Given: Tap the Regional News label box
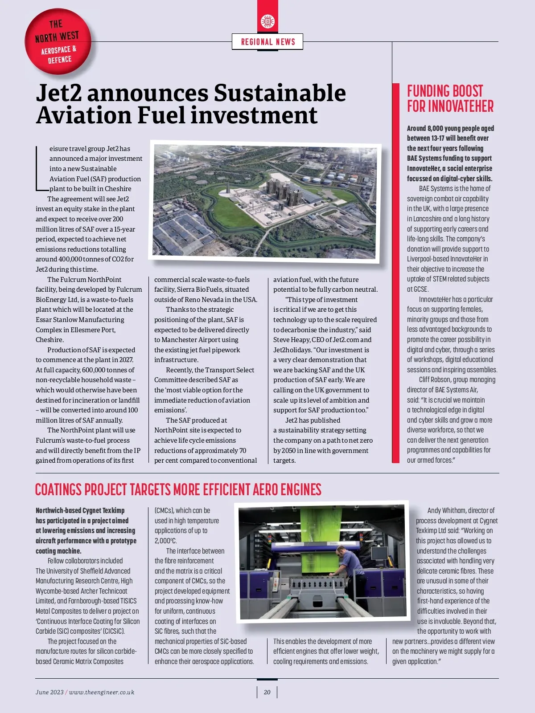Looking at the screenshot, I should tap(267, 42).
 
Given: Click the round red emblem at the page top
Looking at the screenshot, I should tap(267, 21).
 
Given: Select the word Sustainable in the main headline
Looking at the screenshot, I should tap(280, 93).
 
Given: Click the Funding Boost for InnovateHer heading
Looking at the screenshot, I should tap(450, 98).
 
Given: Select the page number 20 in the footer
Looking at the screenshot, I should tap(267, 692).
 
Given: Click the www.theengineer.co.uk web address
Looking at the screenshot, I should tap(102, 692).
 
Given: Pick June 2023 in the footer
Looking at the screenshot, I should tap(49, 692).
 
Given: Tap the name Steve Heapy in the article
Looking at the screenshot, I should tap(291, 340).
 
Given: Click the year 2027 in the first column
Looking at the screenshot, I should tap(126, 360).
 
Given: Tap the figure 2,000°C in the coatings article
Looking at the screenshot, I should tap(166, 541).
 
